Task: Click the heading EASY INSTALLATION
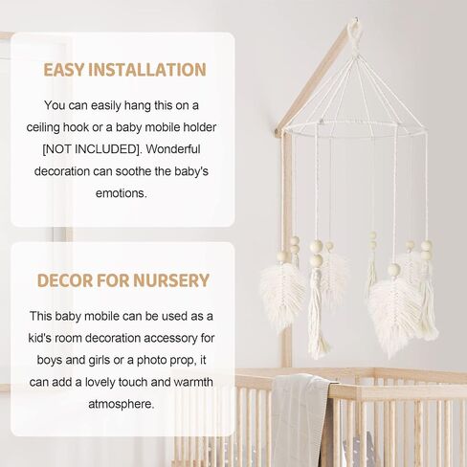coord(124,70)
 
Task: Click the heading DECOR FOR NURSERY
coord(122,280)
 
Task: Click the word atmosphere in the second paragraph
coord(122,403)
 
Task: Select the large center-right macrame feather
coord(393,312)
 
